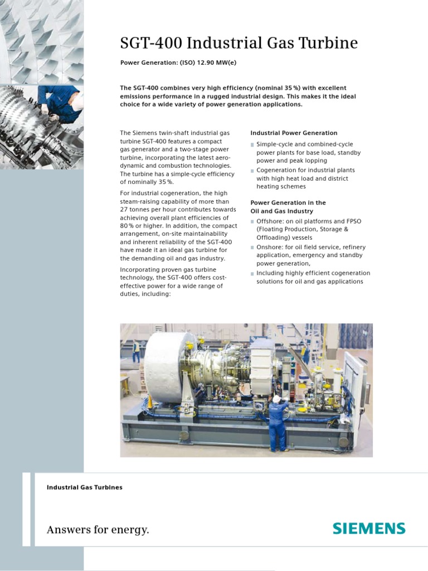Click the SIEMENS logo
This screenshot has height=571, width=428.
click(369, 528)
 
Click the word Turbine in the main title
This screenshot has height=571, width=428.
click(329, 43)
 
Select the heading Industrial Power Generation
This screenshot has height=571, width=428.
click(294, 133)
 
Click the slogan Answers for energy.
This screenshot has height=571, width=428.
click(98, 529)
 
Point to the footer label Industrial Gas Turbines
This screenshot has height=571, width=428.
click(85, 487)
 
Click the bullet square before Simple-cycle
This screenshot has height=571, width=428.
click(252, 145)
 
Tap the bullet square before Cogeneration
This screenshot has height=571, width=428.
click(252, 171)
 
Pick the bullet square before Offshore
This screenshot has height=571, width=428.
click(252, 222)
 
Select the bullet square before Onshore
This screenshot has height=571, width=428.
click(252, 248)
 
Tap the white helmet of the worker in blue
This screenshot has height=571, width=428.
click(276, 399)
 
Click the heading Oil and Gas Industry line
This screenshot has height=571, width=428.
click(281, 211)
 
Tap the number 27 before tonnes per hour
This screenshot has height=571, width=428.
click(124, 210)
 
